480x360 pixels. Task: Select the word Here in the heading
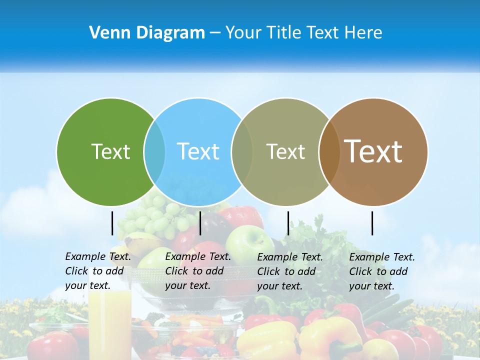pos(363,33)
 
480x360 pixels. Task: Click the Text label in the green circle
pos(110,151)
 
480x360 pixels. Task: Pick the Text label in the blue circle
pos(198,151)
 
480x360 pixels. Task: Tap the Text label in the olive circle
pos(285,151)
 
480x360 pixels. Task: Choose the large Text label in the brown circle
pos(373,151)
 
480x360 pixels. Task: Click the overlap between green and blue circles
pos(154,151)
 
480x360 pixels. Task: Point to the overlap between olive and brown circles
pos(329,151)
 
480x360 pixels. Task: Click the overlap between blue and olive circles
pos(242,151)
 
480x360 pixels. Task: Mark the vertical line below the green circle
pos(112,223)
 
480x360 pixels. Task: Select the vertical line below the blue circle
pos(200,223)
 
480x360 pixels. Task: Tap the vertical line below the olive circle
pos(288,223)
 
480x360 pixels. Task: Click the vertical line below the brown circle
pos(372,223)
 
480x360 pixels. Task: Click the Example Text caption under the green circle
pos(98,271)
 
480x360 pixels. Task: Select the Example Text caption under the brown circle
pos(382,271)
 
